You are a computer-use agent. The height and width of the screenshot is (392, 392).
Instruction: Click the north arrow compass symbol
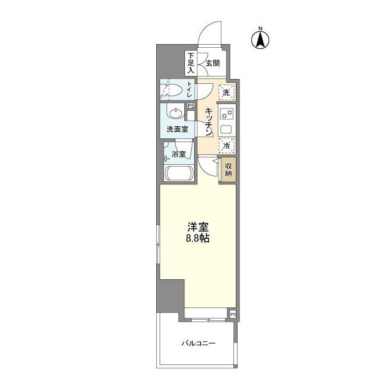[x=260, y=39]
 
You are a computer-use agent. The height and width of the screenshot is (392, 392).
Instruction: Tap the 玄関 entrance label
[x=213, y=63]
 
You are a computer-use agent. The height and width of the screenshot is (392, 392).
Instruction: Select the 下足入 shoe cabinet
[x=191, y=63]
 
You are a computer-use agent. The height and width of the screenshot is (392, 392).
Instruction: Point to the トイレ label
[x=190, y=89]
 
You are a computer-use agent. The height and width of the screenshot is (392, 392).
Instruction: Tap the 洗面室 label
[x=178, y=129]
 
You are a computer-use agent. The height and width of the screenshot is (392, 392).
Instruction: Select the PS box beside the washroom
[x=191, y=106]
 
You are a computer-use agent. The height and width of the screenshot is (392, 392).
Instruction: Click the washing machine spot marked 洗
[x=227, y=92]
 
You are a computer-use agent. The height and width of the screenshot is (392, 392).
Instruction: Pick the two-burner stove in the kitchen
[x=227, y=115]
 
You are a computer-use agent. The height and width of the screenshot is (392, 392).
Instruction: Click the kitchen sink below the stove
[x=226, y=129]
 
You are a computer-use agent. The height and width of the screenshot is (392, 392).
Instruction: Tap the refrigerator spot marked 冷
[x=227, y=146]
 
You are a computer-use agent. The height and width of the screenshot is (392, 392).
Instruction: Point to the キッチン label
[x=209, y=122]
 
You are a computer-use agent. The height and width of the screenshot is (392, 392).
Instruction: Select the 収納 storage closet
[x=228, y=169]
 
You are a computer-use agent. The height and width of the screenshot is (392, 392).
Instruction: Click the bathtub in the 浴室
[x=179, y=172]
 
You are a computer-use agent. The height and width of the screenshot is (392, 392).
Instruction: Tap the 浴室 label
[x=178, y=154]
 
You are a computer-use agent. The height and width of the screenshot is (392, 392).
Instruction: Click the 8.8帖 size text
[x=197, y=238]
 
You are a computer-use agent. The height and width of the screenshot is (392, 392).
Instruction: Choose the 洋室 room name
[x=198, y=227]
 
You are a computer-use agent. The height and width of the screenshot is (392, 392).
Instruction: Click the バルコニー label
[x=198, y=343]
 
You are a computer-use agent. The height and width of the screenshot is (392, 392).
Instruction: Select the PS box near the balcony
[x=233, y=314]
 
